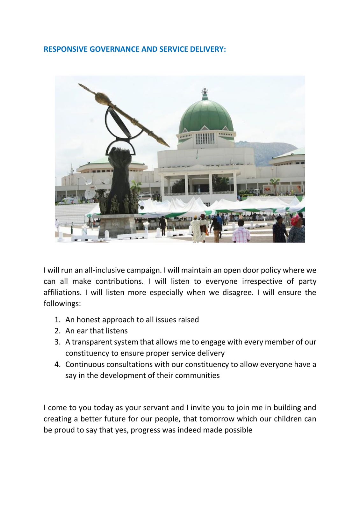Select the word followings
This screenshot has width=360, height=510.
(62, 304)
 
